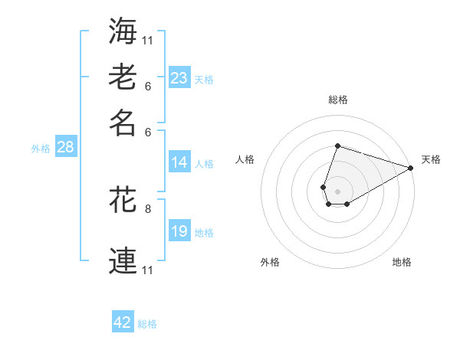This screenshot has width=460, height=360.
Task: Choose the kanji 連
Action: point(123,260)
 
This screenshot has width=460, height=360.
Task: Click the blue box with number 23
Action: point(179,78)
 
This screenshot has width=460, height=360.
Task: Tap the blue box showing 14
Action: point(179,162)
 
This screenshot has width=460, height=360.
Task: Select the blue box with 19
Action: point(179,231)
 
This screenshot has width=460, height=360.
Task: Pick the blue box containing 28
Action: point(65,147)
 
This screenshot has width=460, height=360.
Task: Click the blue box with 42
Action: point(123,322)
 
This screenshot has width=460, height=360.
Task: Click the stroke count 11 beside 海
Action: point(149,39)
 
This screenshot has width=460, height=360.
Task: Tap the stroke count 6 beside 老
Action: point(148,87)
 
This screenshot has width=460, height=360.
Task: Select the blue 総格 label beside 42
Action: point(147,324)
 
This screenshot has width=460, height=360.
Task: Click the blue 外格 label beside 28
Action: point(41,149)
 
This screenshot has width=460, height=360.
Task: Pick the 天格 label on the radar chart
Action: point(431,159)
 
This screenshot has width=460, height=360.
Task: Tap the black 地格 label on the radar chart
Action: point(402,262)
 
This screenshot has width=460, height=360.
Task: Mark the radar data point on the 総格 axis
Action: point(337,146)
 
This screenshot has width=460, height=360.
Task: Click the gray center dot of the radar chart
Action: point(337,190)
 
